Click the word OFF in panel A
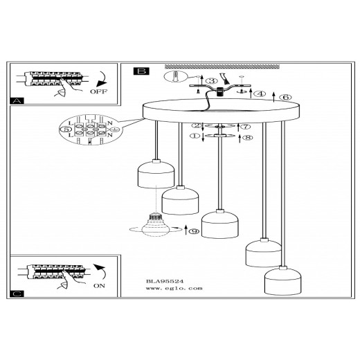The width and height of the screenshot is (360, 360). click(98, 91)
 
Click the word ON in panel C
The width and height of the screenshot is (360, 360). click(99, 286)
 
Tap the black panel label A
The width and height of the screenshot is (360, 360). click(17, 101)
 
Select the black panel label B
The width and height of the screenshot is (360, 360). click(141, 71)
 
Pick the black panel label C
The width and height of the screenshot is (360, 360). click(17, 294)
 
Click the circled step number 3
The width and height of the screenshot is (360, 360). click(212, 81)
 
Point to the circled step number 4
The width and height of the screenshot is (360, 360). click(260, 93)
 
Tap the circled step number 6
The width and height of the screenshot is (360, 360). click(285, 97)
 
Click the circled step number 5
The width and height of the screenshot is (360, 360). click(66, 129)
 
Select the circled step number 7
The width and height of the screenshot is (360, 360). click(246, 127)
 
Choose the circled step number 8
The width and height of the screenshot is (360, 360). click(248, 138)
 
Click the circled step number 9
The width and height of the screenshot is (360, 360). click(194, 231)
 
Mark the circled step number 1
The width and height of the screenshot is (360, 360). click(195, 136)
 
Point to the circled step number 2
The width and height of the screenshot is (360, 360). click(197, 125)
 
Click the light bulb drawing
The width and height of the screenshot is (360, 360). click(155, 225)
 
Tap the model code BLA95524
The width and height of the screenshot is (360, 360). click(165, 281)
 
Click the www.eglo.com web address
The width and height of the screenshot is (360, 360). click(174, 288)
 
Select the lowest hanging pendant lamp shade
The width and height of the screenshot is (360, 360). click(282, 281)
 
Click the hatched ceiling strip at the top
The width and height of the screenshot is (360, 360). click(222, 66)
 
